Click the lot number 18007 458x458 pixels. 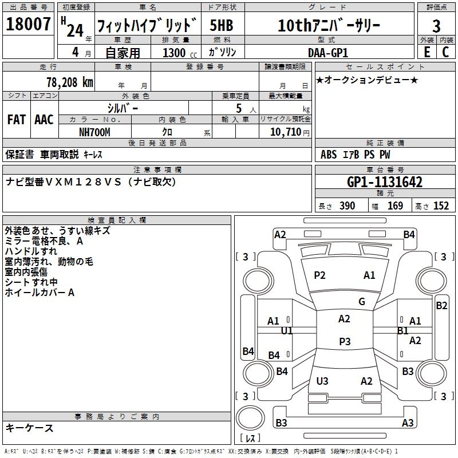coord(28,25)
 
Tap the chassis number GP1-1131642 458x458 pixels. coord(385,182)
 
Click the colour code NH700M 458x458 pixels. coord(94,132)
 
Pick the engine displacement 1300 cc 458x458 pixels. coord(174,53)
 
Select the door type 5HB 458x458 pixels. coord(222,26)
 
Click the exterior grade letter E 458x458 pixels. coord(427,52)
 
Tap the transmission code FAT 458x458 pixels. coord(16,120)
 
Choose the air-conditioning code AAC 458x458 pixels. coord(44,120)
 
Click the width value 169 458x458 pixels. coord(395,206)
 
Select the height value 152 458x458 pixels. coord(441,206)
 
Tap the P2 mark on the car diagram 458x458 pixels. coord(319,275)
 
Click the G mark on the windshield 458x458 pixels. coord(361,302)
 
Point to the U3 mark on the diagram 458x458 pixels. coord(322,381)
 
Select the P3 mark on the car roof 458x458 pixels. coord(344,341)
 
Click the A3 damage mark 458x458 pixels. coord(407,423)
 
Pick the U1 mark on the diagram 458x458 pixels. coord(287,331)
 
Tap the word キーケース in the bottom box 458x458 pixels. coord(29,428)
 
